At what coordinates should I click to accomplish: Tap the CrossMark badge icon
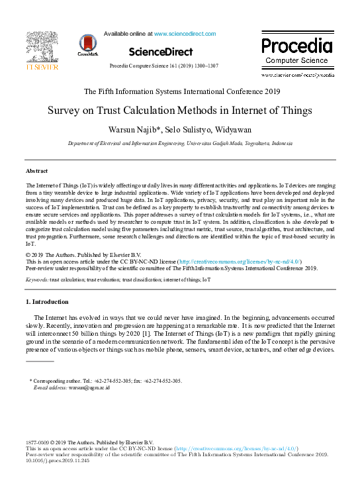[x=88, y=44]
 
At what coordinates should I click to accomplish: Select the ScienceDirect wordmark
[x=161, y=52]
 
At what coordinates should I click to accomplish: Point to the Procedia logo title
[x=296, y=46]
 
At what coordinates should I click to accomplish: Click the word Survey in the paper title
[x=65, y=110]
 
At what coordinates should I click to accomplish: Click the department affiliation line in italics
[x=180, y=143]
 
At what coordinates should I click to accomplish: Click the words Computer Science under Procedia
[x=296, y=61]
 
